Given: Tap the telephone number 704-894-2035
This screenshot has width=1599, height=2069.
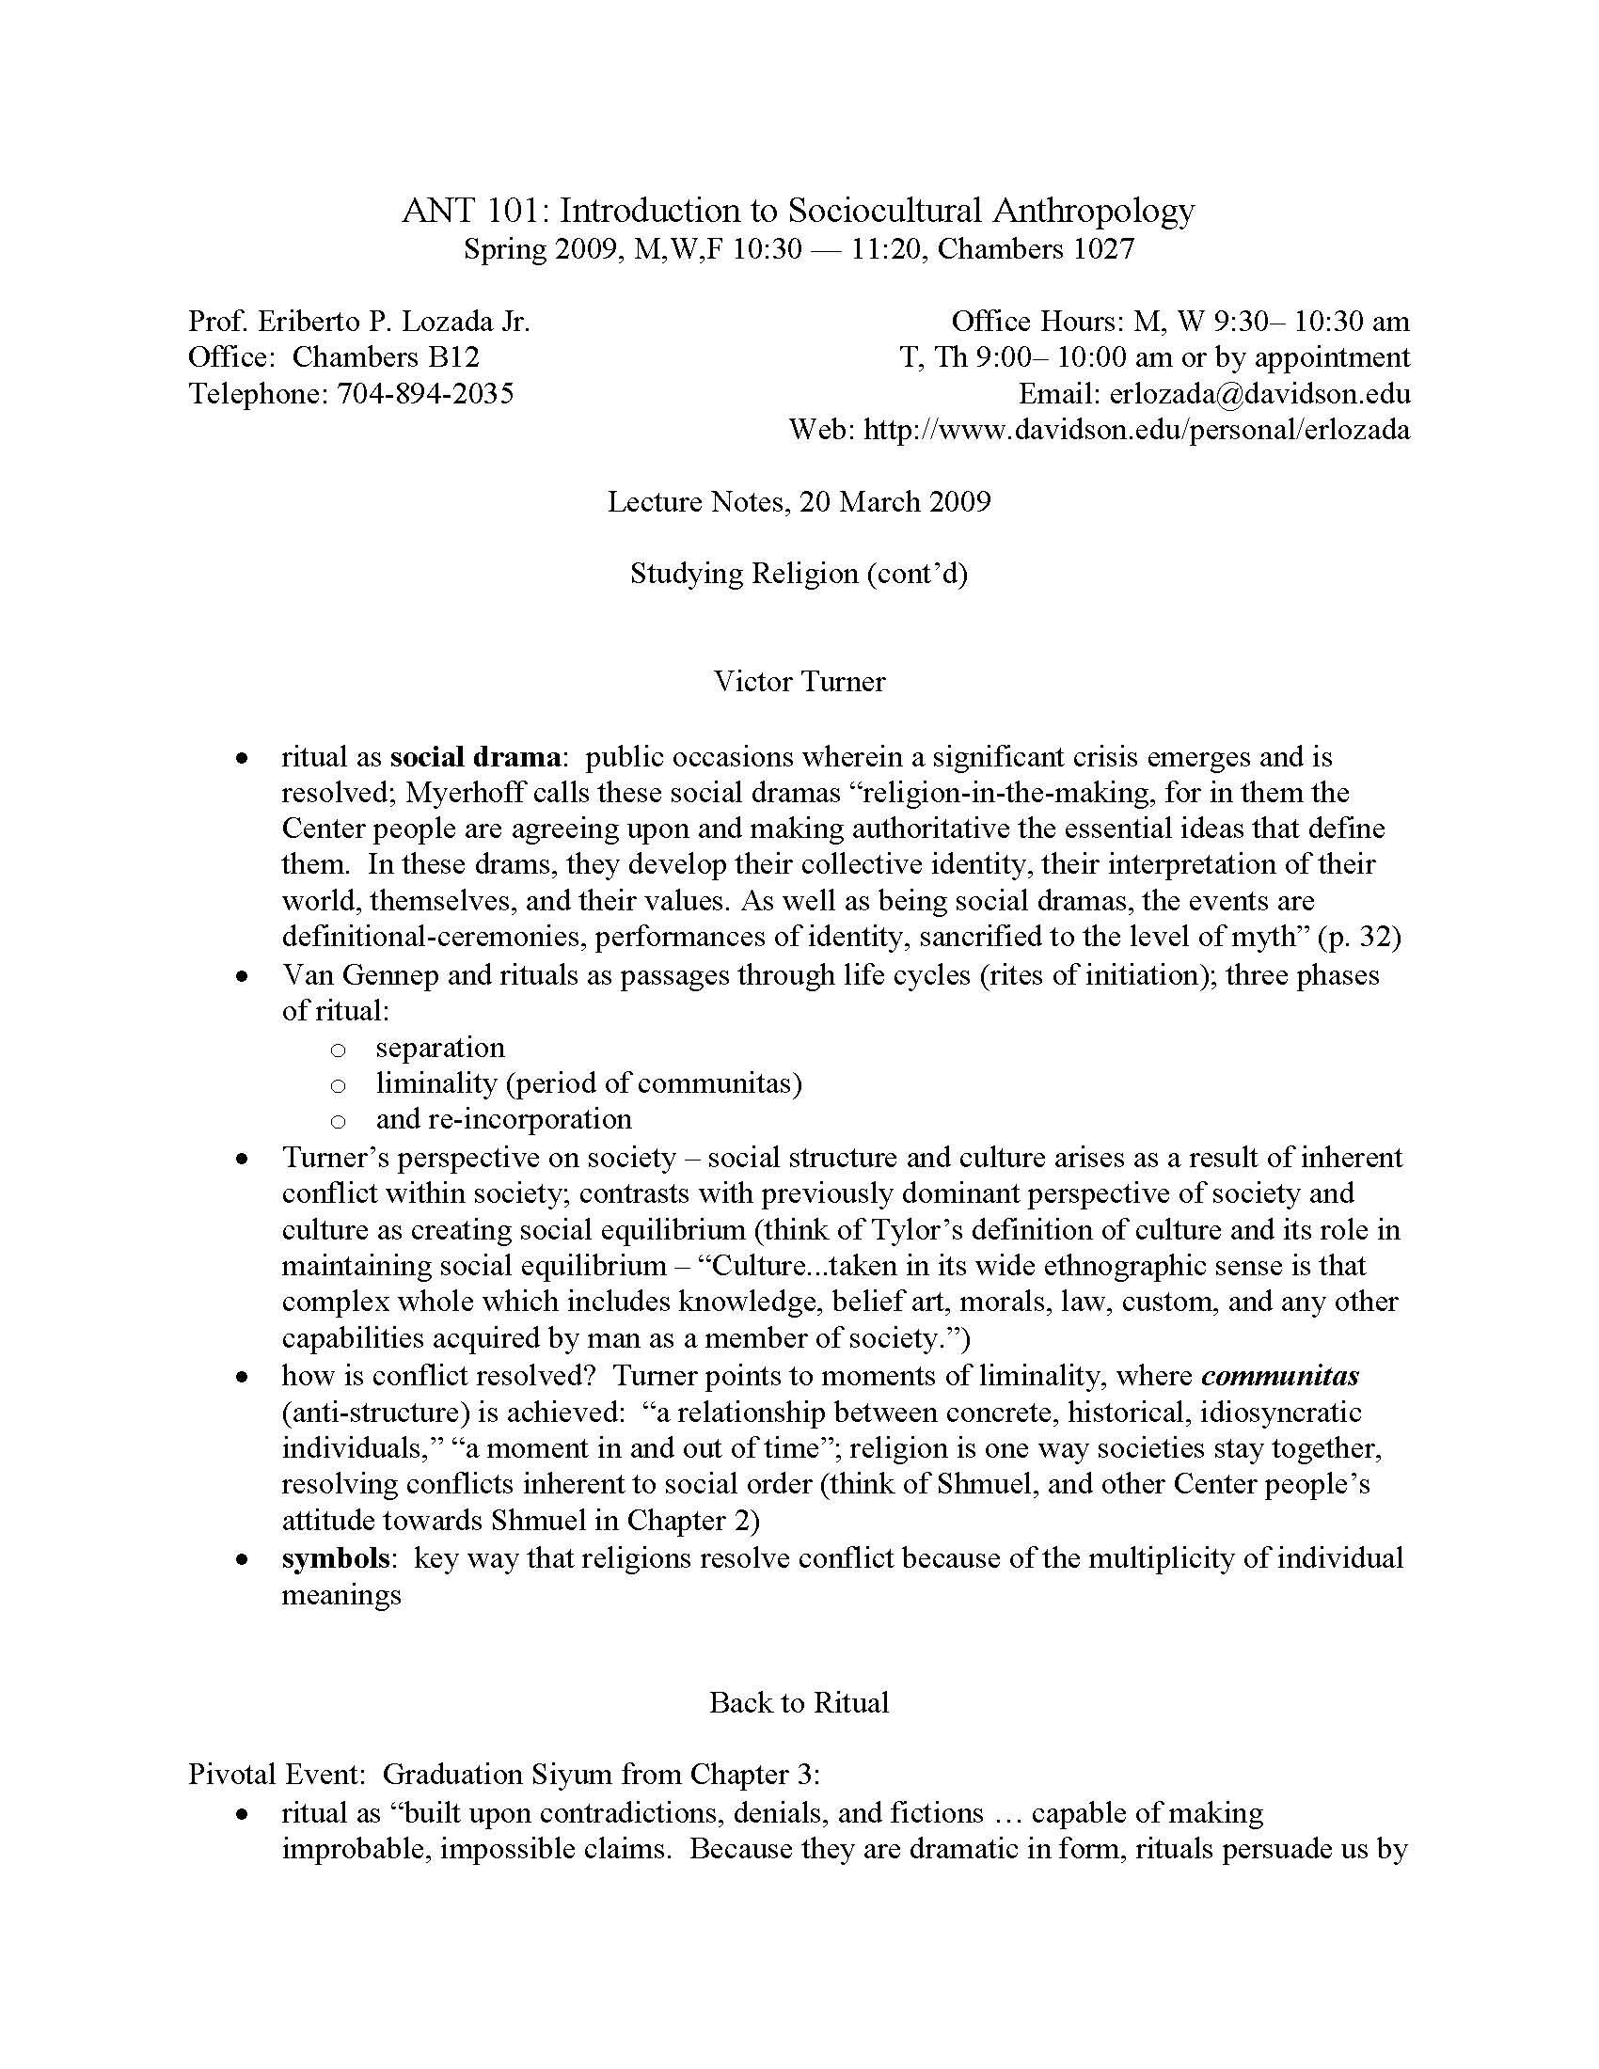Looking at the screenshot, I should point(425,393).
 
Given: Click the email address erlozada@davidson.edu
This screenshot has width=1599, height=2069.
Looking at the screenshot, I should point(1259,394).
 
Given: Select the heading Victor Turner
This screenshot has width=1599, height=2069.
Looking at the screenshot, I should point(799,681).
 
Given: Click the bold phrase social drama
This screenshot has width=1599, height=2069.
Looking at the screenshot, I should point(475,757).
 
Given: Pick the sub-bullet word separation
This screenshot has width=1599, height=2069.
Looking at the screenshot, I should point(439,1047).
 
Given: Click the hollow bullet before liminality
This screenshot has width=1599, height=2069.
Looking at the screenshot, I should point(338,1084).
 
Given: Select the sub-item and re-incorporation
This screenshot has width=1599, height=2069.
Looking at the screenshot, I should point(503,1119).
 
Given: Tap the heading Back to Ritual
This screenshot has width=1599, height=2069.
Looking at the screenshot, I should point(799,1702).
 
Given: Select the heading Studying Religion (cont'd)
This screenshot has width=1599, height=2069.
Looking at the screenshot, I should point(799,573).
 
